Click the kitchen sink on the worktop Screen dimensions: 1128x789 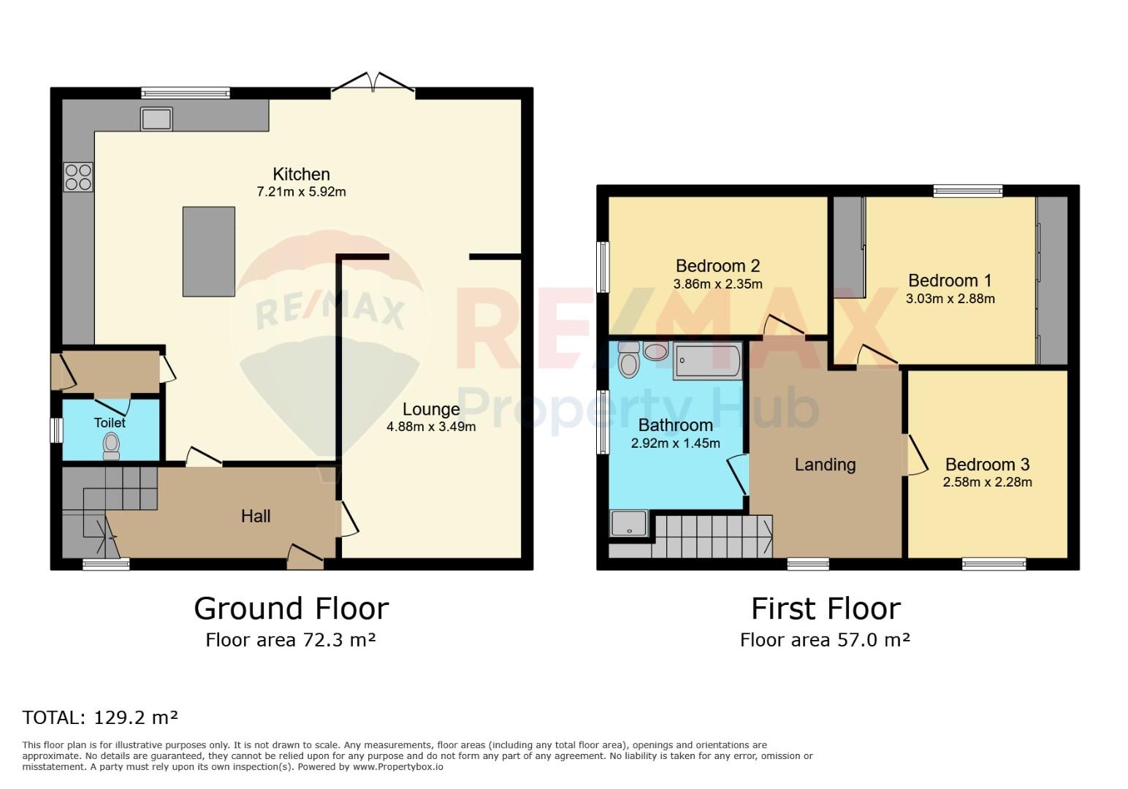[156, 119]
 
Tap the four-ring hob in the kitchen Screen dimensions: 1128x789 [78, 177]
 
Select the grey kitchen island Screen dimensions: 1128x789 [208, 251]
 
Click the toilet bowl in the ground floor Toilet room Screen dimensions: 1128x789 [111, 446]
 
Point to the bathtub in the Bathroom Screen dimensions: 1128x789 [707, 360]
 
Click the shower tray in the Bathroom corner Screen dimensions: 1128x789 [628, 523]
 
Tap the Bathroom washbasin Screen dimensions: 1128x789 [655, 351]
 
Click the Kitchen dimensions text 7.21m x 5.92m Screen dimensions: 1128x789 [301, 192]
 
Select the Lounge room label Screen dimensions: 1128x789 [431, 409]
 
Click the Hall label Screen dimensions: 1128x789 [256, 516]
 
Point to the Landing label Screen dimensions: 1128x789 [826, 465]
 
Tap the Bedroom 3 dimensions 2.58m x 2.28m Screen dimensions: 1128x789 [988, 482]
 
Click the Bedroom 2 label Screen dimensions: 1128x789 [717, 266]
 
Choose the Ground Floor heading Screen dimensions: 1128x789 [291, 609]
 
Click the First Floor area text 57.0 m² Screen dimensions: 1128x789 [874, 640]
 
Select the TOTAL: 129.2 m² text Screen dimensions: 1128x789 [100, 717]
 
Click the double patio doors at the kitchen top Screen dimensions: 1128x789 [373, 83]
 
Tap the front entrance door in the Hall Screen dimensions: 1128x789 [305, 557]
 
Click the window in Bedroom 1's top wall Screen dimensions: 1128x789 [967, 191]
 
